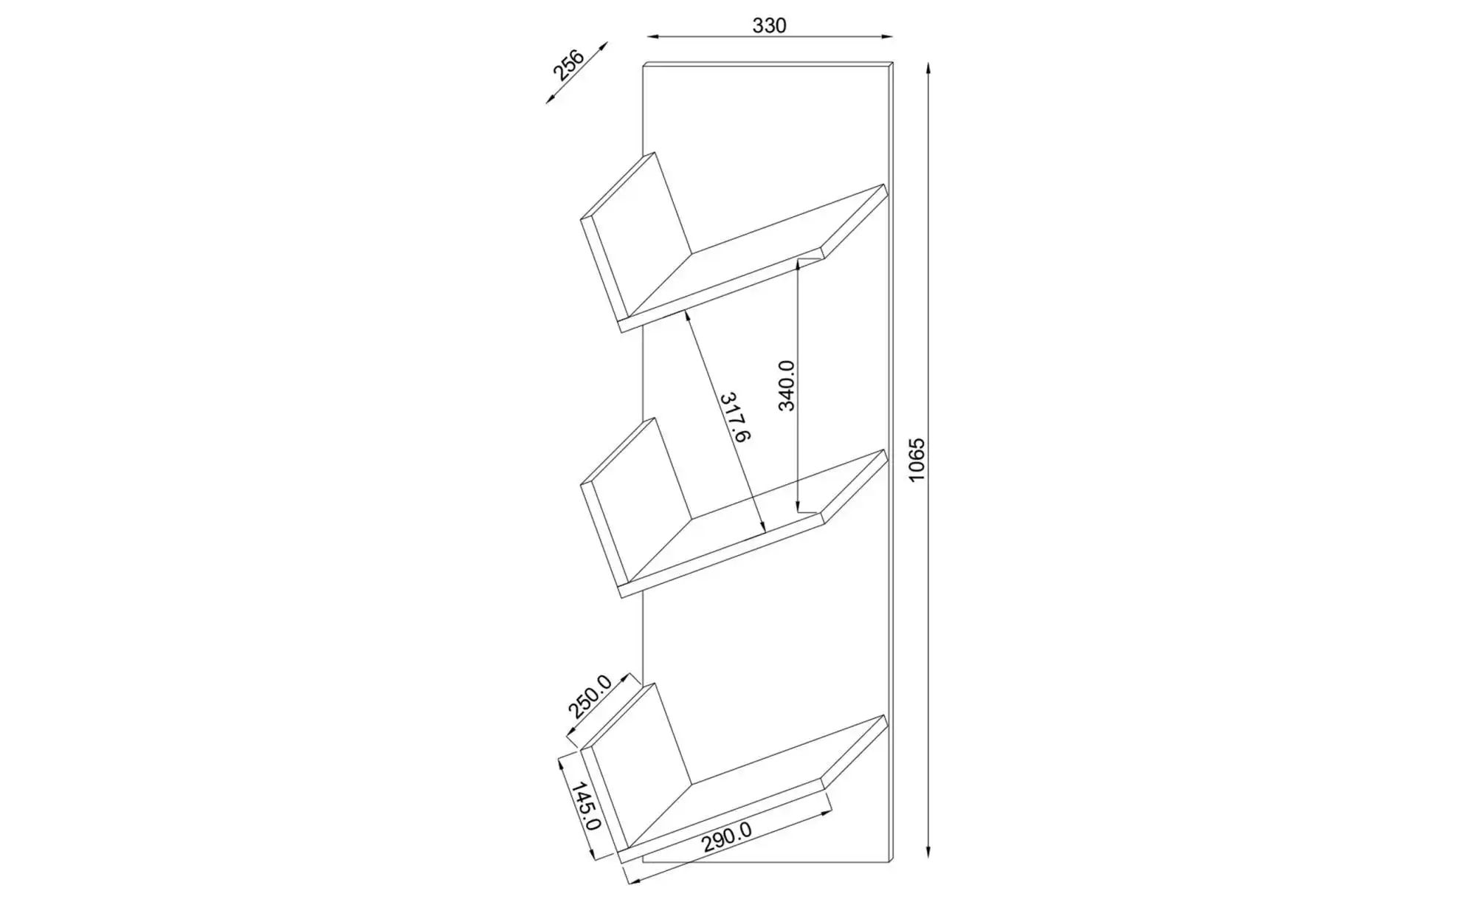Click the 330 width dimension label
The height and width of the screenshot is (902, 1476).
(769, 26)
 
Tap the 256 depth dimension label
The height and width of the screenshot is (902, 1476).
(568, 64)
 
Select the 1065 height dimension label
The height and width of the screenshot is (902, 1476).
(916, 461)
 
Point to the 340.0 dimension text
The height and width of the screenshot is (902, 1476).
(787, 385)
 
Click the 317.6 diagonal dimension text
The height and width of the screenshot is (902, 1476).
(734, 417)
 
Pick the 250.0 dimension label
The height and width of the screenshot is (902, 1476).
(590, 697)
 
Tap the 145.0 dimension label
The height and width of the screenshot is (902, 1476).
(585, 806)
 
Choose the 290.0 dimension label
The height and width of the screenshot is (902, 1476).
(726, 839)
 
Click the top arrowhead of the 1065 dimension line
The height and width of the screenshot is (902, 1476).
(928, 69)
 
